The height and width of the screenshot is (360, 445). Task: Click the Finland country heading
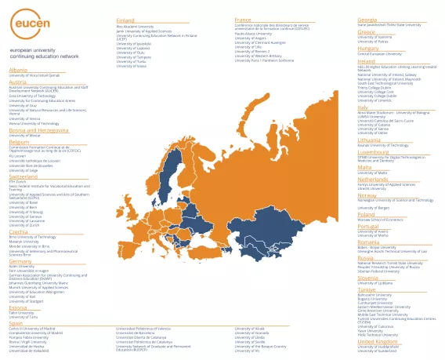click(125, 20)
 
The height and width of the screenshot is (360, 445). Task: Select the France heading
click(243, 20)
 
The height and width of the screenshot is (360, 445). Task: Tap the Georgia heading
click(367, 20)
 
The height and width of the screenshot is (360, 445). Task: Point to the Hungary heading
click(367, 48)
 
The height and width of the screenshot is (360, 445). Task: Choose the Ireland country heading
click(366, 60)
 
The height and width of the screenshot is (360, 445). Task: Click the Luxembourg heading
click(373, 152)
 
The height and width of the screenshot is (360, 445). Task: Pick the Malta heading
click(364, 166)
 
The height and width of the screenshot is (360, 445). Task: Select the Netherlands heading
click(373, 179)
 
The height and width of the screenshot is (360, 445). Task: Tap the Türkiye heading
click(367, 289)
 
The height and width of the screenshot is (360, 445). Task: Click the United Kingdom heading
click(377, 341)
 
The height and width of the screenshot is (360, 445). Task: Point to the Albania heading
click(17, 70)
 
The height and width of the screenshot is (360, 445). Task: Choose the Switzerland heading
click(23, 176)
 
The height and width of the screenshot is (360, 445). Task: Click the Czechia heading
click(18, 231)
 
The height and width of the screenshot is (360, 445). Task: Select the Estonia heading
click(18, 307)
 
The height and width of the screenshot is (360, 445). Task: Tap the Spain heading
click(16, 322)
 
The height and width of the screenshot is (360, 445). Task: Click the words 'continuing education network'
click(44, 56)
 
